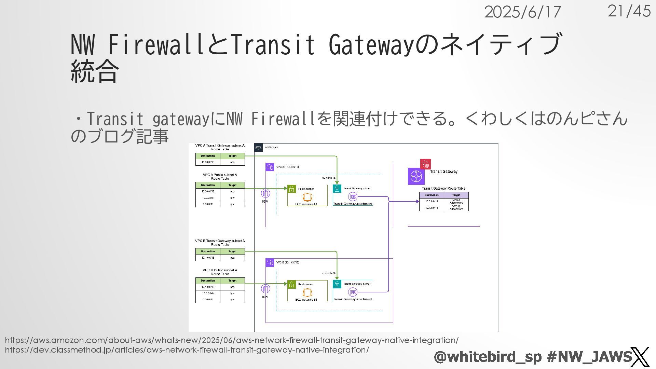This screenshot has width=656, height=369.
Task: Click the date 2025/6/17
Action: (x=522, y=13)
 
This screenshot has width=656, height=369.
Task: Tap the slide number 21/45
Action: (x=629, y=11)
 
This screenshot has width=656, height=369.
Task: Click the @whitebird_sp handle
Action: (x=488, y=357)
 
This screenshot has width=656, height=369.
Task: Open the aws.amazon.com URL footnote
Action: (x=231, y=340)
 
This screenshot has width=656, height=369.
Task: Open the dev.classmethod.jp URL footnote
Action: (x=187, y=350)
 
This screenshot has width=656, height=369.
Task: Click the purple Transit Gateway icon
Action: (x=416, y=176)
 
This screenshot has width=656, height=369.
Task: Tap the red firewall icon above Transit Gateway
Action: (x=425, y=164)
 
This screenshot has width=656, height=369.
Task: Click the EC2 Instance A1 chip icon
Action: (x=307, y=197)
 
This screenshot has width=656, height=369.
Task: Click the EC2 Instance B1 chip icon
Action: (x=307, y=292)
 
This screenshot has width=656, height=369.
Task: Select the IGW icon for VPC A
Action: (x=265, y=193)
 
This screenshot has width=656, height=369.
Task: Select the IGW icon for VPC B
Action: (x=265, y=289)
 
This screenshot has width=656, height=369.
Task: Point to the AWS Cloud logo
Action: (x=258, y=147)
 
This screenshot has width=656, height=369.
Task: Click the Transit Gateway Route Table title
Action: (x=443, y=189)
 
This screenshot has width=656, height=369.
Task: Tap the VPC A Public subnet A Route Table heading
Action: (x=220, y=177)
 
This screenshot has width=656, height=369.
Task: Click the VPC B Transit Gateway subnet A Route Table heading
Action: (x=220, y=243)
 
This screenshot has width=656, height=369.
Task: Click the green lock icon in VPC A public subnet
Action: (x=291, y=189)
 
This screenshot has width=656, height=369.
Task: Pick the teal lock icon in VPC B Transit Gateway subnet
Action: (x=337, y=284)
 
